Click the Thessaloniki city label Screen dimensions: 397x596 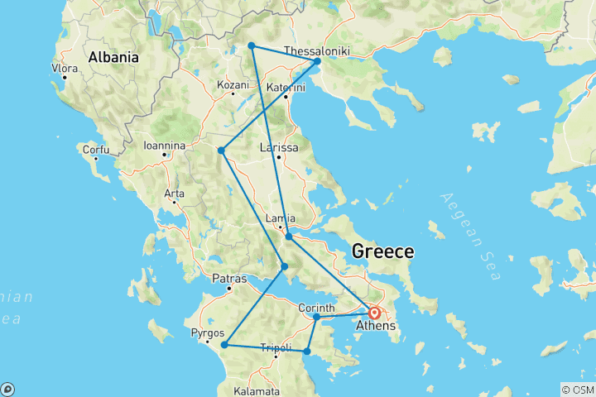pyautogui.click(x=316, y=51)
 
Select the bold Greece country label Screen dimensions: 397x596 pyautogui.click(x=383, y=251)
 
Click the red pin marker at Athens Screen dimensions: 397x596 pyautogui.click(x=374, y=313)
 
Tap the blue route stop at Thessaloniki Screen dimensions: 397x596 pyautogui.click(x=317, y=61)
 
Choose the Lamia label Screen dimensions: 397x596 pyautogui.click(x=279, y=219)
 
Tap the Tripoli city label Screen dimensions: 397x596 pyautogui.click(x=276, y=348)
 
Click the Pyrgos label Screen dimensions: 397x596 pyautogui.click(x=207, y=333)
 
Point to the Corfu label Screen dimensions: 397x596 pyautogui.click(x=95, y=150)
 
